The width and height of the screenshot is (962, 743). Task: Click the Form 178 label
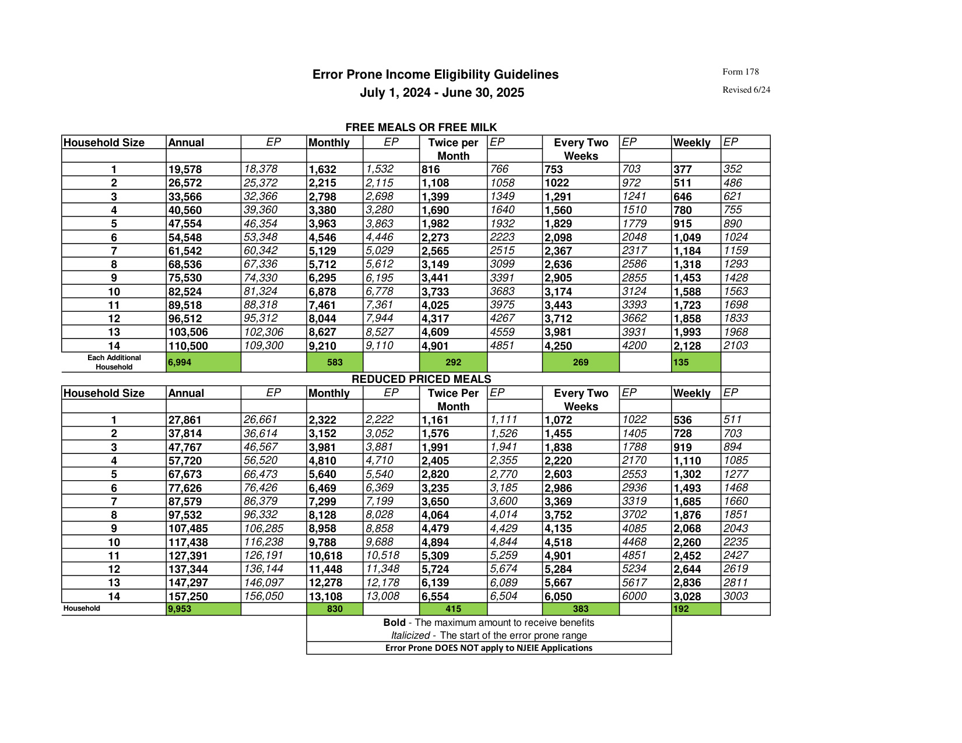[740, 72]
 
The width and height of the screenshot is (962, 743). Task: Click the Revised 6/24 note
[746, 90]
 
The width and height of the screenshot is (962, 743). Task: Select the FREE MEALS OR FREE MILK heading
[421, 128]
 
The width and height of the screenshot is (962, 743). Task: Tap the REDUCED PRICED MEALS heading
[421, 379]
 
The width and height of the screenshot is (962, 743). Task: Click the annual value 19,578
[185, 170]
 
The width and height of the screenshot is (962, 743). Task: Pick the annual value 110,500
[188, 346]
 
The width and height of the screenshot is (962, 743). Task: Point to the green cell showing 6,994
[180, 362]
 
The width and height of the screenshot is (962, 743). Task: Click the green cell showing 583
[335, 362]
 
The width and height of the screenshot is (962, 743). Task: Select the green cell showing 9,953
[180, 609]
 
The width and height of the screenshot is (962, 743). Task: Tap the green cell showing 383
[580, 609]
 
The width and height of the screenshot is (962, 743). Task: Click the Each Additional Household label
[114, 362]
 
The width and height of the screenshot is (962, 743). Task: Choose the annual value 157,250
[188, 597]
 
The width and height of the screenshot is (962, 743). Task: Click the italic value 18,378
[261, 169]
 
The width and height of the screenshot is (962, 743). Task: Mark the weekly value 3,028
[687, 597]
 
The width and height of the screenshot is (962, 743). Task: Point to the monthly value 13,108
[325, 597]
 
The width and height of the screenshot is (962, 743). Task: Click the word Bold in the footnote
[394, 622]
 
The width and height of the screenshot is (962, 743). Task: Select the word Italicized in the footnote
[410, 636]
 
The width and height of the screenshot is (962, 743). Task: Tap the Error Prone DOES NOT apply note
[489, 648]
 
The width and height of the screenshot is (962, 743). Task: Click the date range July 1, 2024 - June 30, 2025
[441, 93]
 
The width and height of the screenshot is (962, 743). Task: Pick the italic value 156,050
[264, 596]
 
